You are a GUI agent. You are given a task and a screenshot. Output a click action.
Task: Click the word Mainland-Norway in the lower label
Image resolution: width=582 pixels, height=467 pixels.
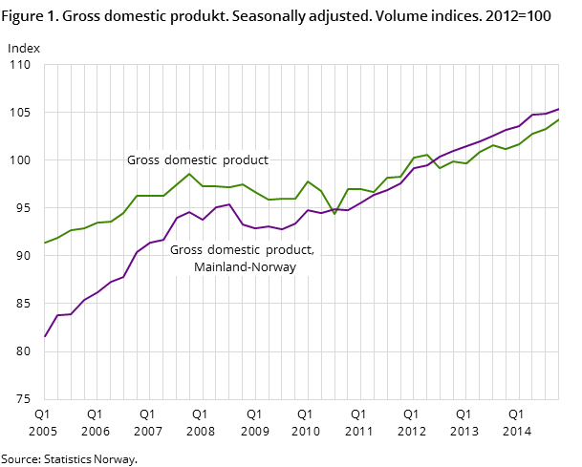245,267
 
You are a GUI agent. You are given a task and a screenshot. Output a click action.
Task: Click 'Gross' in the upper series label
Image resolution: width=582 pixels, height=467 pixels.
143,160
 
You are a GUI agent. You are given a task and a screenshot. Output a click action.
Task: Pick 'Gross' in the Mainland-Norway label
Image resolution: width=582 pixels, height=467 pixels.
186,250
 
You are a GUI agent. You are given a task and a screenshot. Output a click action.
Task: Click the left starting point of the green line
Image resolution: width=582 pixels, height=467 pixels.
44,243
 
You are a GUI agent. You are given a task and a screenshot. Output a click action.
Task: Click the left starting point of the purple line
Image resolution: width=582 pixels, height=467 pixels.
44,336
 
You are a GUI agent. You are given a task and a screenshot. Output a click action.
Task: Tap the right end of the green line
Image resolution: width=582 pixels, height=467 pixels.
559,118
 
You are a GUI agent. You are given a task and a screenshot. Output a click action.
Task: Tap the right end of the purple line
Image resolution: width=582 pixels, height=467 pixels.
559,109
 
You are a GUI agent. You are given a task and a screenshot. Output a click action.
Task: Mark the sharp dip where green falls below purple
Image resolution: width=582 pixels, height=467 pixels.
334,213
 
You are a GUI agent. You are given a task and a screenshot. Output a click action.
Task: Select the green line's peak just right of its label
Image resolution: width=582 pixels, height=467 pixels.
189,173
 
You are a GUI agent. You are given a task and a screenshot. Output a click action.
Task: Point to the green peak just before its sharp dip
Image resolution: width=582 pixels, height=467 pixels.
308,181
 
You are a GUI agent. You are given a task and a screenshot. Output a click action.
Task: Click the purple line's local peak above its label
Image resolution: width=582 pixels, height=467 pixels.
229,204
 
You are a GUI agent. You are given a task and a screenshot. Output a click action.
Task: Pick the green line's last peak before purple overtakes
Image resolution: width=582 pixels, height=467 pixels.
427,155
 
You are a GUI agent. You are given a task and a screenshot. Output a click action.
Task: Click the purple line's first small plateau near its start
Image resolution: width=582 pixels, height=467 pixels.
64,314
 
